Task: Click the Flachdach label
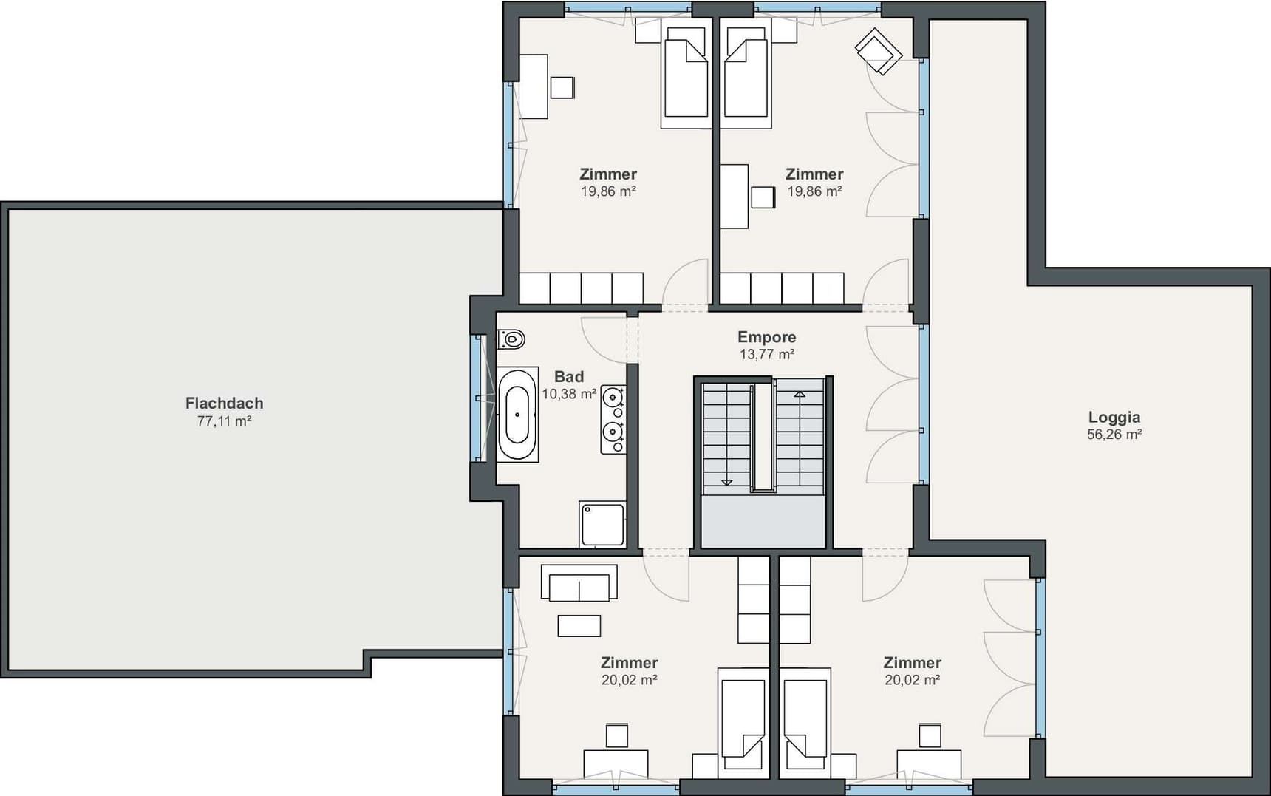click(x=224, y=403)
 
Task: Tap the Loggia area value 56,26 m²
click(x=1114, y=435)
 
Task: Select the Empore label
click(x=766, y=337)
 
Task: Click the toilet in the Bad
click(x=511, y=339)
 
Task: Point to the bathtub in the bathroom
click(x=517, y=415)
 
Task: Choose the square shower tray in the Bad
click(x=603, y=525)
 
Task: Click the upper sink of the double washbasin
click(x=613, y=398)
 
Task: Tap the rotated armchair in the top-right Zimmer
click(x=879, y=51)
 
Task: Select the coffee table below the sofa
click(x=579, y=625)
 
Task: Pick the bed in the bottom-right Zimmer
click(x=805, y=723)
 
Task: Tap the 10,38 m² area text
click(x=569, y=394)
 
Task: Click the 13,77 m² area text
click(x=766, y=354)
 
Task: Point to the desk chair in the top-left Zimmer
click(x=562, y=87)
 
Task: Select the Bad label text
click(x=569, y=377)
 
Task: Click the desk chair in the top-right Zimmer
click(x=763, y=197)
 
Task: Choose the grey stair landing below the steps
click(x=763, y=522)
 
